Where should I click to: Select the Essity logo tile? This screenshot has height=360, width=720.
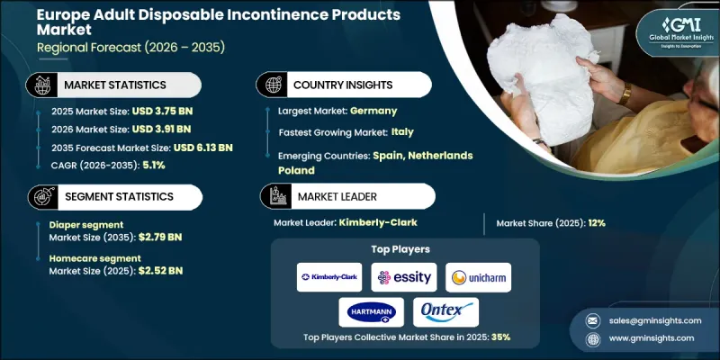(x=403, y=277)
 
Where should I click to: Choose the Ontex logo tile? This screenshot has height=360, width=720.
(x=445, y=311)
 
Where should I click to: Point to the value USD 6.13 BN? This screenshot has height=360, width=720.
(x=202, y=147)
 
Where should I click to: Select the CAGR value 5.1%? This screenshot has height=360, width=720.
(x=153, y=164)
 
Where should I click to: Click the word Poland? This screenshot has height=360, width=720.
(x=296, y=169)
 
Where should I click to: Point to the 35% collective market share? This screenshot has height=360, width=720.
(x=502, y=337)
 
